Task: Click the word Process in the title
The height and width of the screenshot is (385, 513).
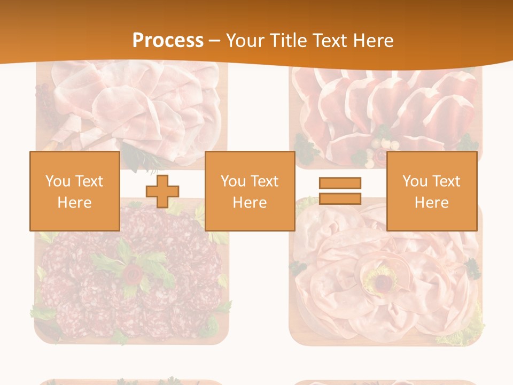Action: [x=168, y=40]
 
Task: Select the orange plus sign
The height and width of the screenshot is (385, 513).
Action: [x=162, y=191]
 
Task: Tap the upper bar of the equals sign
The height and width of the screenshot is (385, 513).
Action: [x=340, y=183]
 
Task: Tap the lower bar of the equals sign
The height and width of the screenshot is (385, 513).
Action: [x=340, y=198]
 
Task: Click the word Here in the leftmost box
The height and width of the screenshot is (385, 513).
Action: [x=74, y=203]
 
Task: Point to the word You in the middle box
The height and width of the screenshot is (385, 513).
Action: [x=233, y=181]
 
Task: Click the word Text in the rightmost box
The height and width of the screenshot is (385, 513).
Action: [x=446, y=181]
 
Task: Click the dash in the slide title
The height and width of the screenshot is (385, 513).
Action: [x=215, y=41]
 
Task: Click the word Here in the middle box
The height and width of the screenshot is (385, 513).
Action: [x=250, y=203]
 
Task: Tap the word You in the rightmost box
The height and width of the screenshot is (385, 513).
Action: [x=415, y=181]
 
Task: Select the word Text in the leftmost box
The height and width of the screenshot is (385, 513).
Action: [x=89, y=181]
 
